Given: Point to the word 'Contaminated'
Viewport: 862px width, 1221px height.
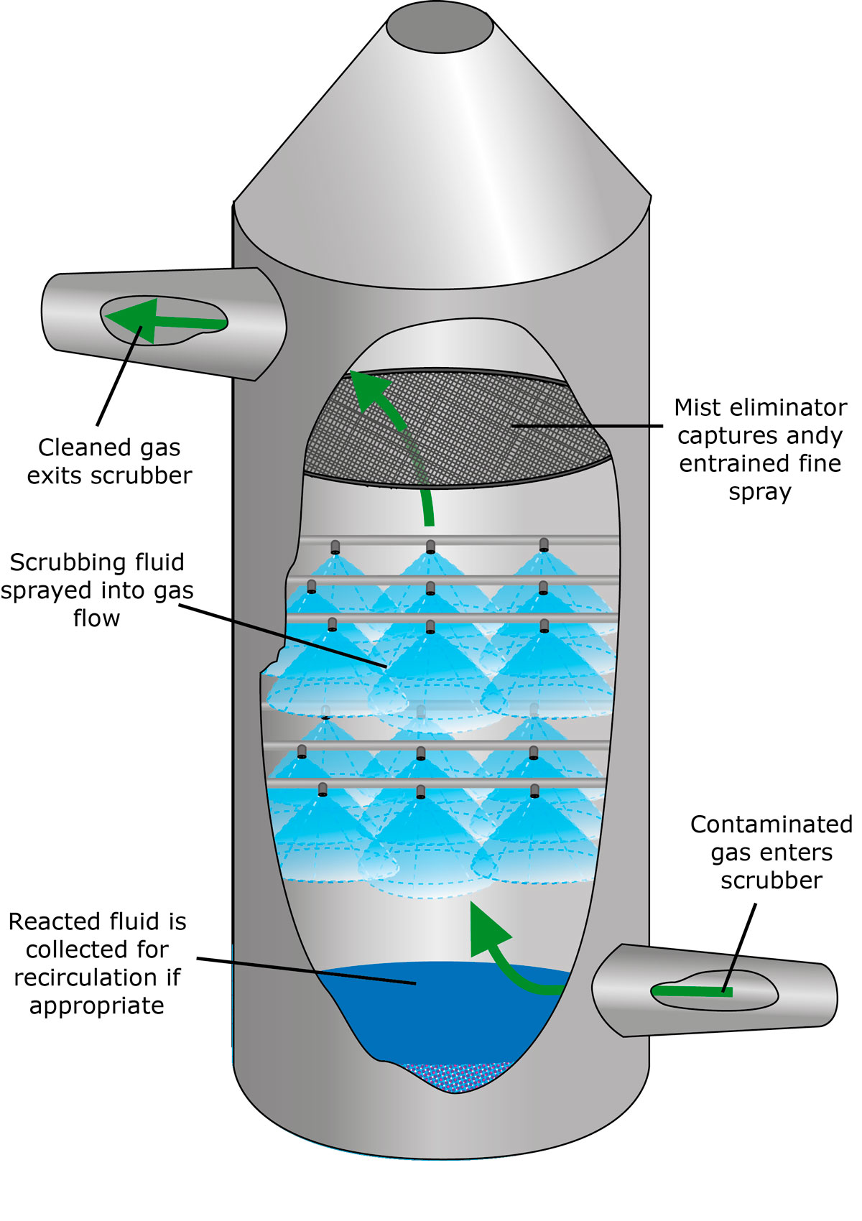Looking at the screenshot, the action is point(771,825).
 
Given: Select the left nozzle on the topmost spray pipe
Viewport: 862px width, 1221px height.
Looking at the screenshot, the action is point(335,547).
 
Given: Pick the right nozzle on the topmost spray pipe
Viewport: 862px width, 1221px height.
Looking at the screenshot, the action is point(544,545).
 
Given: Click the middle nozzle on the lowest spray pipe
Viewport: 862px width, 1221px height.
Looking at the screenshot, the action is point(420,791).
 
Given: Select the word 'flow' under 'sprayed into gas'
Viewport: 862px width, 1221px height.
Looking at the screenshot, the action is point(96,618).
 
